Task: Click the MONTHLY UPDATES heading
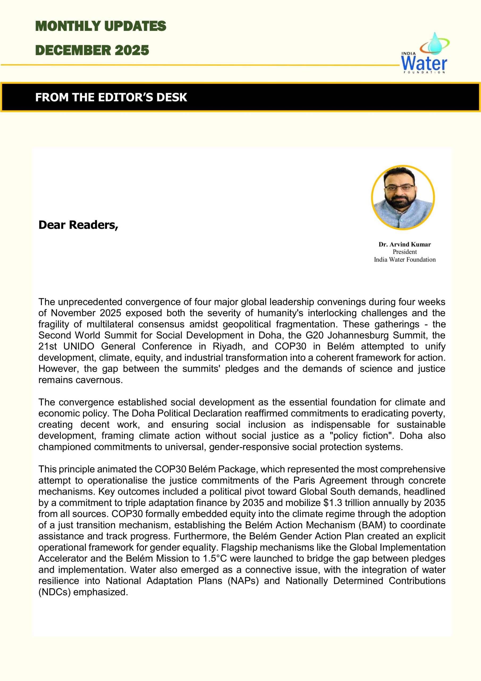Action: (100, 26)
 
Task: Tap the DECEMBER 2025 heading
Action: (92, 50)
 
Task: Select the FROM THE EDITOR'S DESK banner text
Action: (111, 97)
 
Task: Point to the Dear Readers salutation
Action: (78, 225)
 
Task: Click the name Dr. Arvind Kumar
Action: (404, 244)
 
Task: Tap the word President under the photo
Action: (404, 252)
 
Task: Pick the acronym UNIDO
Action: (79, 346)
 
